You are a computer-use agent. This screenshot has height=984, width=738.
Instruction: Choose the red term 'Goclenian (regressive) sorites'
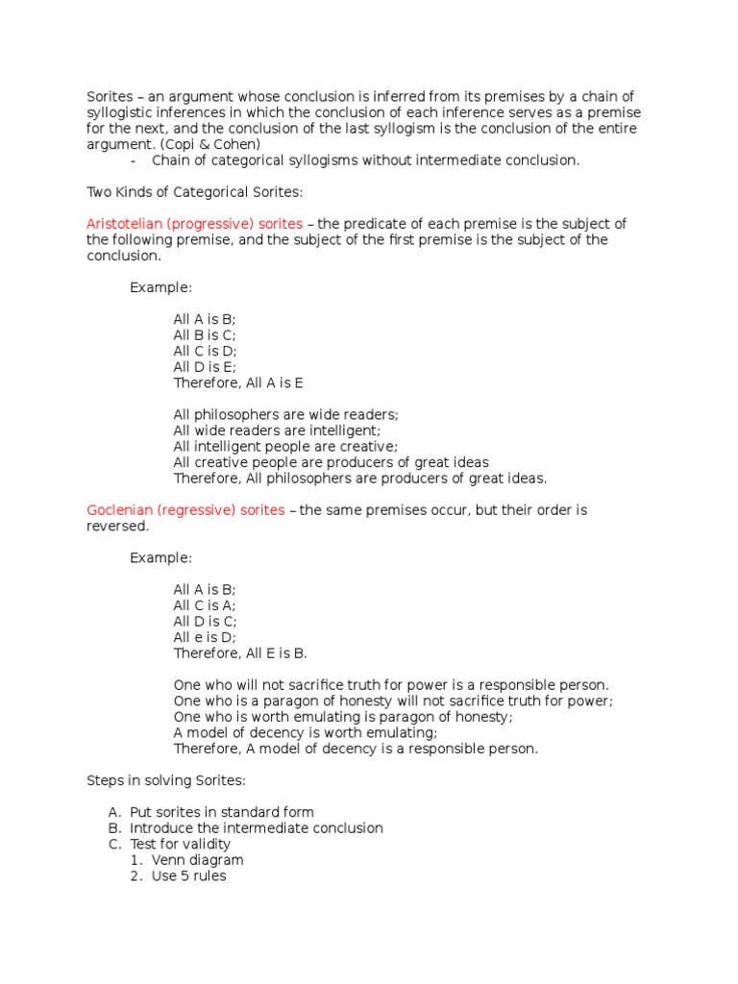point(185,510)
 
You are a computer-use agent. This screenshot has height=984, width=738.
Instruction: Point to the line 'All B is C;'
point(204,335)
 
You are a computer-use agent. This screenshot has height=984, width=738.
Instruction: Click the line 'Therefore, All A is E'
point(237,382)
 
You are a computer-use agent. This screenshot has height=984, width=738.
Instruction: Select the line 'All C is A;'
point(204,605)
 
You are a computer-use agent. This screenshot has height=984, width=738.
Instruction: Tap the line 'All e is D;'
point(204,637)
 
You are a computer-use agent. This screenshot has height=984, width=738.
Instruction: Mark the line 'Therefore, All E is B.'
point(239,653)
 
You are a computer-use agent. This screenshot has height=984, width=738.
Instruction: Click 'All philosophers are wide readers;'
point(285,415)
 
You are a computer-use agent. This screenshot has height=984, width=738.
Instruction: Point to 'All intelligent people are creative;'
point(284,447)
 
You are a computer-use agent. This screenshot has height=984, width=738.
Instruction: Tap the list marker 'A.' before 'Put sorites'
point(115,812)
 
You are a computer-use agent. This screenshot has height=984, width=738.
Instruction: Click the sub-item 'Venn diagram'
point(197,860)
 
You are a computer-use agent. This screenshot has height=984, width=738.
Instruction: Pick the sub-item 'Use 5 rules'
point(188,875)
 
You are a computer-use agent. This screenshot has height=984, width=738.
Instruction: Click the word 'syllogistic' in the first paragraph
point(120,112)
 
